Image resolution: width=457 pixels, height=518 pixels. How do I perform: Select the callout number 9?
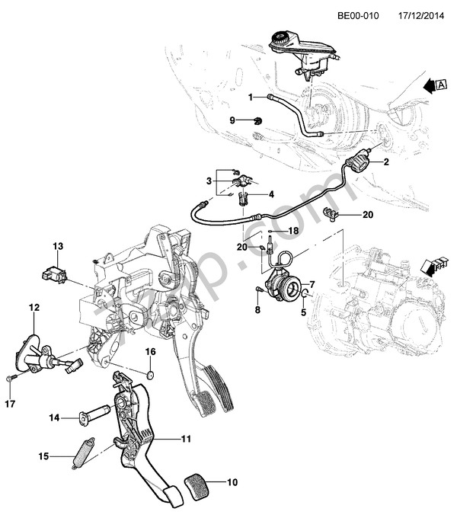pos(233,120)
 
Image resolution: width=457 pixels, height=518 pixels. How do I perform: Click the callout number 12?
pos(34,308)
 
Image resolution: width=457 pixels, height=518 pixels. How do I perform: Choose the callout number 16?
pos(150,351)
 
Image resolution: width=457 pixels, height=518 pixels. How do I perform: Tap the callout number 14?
pos(53,417)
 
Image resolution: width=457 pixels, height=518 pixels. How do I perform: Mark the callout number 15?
pos(44,456)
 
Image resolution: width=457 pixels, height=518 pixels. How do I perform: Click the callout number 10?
pos(232,481)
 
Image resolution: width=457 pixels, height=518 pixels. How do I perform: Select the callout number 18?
pos(293,230)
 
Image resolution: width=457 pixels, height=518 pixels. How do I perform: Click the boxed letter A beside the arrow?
pos(442,85)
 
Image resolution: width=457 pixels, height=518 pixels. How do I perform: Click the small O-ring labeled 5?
pos(305,295)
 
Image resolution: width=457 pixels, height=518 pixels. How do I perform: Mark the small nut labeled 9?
pos(259,120)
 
